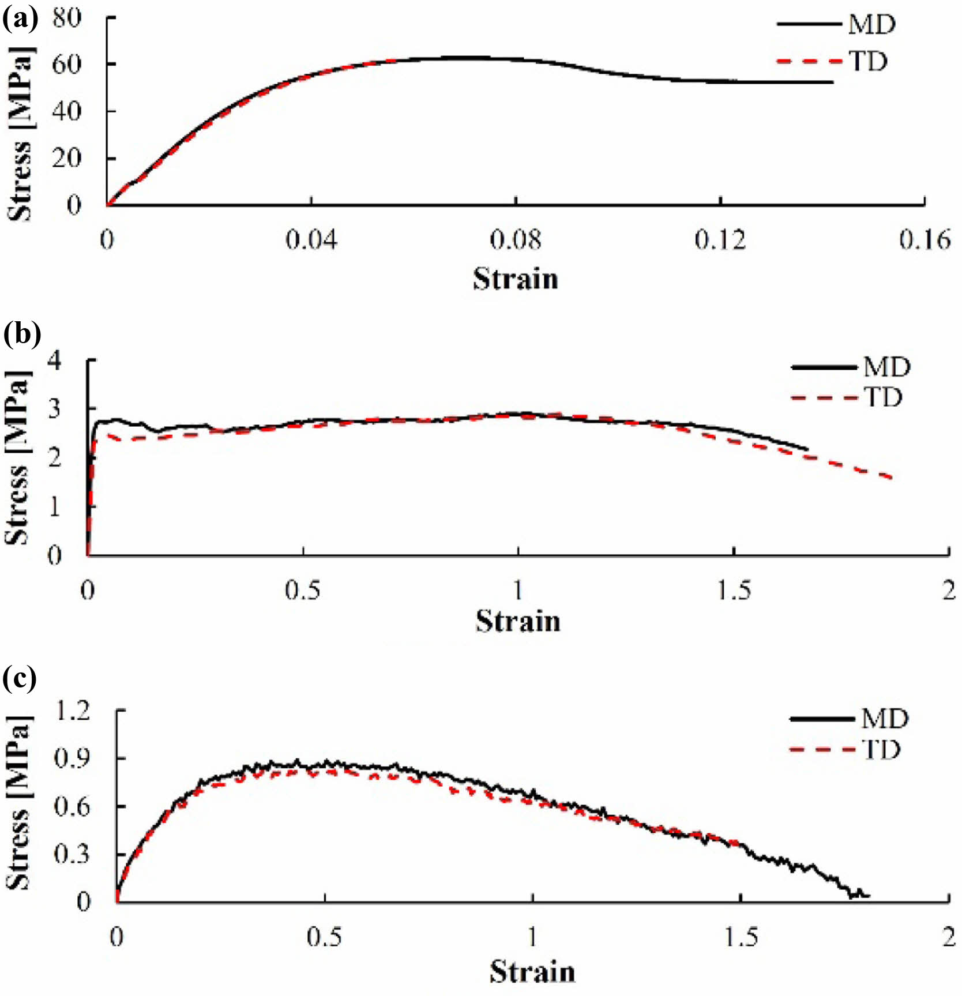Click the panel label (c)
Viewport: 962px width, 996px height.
tap(20, 679)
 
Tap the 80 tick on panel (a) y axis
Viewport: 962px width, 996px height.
tap(67, 18)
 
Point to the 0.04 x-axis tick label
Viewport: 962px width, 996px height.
tap(311, 239)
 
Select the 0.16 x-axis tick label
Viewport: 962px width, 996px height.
tap(925, 239)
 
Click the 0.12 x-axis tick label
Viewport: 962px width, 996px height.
tap(720, 239)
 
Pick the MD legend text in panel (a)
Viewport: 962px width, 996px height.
tap(872, 25)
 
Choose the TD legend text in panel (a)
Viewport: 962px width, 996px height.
tap(868, 61)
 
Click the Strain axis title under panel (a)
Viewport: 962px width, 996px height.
tap(516, 279)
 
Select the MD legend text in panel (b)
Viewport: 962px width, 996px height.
tap(887, 367)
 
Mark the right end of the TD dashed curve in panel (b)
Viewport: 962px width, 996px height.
tap(892, 478)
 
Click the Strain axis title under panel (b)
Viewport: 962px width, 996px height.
tap(518, 622)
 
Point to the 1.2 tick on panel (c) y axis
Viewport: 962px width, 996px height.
tap(72, 711)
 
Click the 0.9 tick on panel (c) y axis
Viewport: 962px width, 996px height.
tap(72, 758)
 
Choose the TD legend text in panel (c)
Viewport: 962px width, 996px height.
tap(881, 750)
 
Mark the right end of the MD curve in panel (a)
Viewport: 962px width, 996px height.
tap(833, 82)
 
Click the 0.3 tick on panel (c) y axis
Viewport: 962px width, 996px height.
tap(72, 854)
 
